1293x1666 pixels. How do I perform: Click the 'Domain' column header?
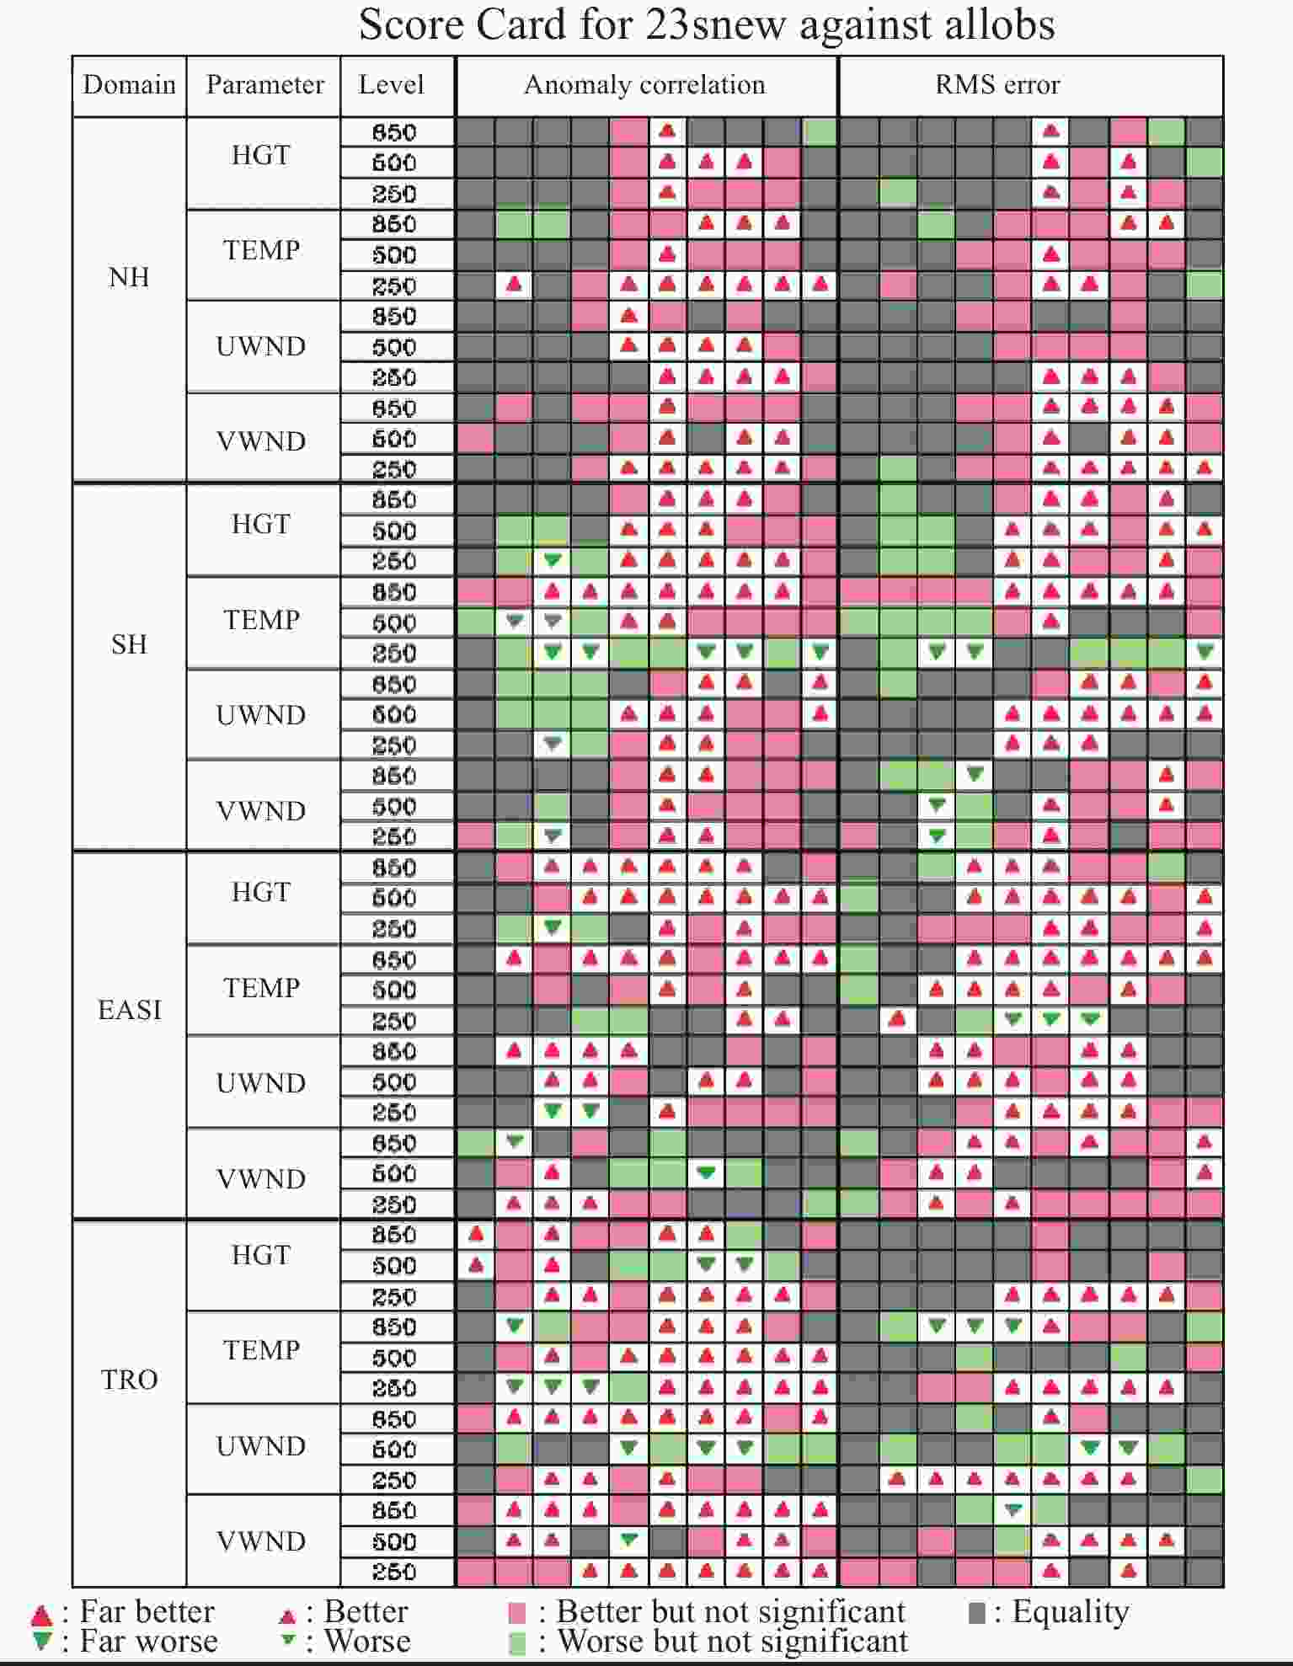[x=129, y=85]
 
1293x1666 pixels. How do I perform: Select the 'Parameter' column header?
[x=264, y=85]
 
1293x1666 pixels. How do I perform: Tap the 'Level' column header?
[x=391, y=85]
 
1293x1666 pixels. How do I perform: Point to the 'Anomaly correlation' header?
[x=644, y=85]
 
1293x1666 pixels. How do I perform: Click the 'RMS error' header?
[x=997, y=85]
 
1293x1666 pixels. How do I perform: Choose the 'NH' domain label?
[x=129, y=277]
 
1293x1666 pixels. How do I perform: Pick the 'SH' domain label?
[x=129, y=644]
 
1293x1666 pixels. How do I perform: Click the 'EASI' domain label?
[x=129, y=1009]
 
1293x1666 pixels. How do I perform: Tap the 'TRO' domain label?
[x=129, y=1380]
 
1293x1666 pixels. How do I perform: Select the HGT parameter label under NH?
[x=261, y=155]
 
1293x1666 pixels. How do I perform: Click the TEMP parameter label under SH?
[x=261, y=620]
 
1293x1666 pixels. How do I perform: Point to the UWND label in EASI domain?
[x=261, y=1083]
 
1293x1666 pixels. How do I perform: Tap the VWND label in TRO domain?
[x=261, y=1541]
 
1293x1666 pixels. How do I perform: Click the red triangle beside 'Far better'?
[x=41, y=1615]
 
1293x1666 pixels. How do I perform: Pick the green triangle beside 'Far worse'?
[x=41, y=1641]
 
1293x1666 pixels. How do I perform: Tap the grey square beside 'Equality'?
[x=977, y=1613]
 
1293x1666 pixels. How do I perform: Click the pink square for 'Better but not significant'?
[x=518, y=1613]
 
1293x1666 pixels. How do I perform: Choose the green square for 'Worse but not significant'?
[x=518, y=1642]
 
